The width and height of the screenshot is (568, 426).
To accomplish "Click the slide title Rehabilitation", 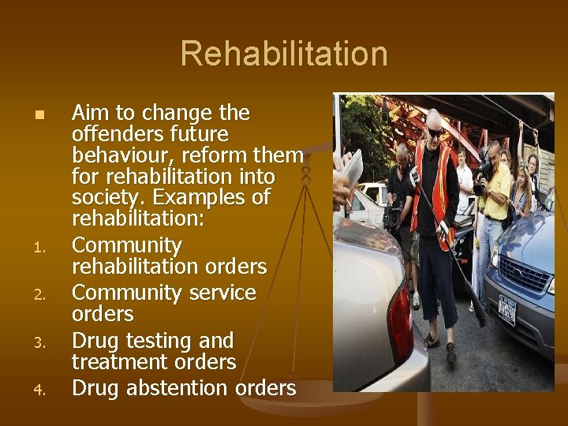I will pyautogui.click(x=284, y=54).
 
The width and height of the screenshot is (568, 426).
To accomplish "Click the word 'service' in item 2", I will pyautogui.click(x=220, y=293).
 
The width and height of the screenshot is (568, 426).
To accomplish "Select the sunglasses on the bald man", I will pyautogui.click(x=435, y=132).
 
